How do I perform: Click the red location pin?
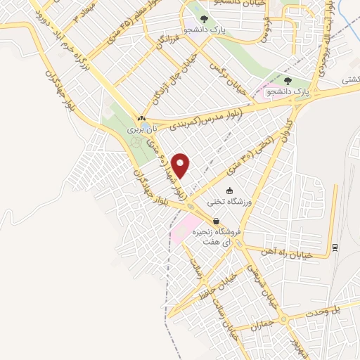click(x=182, y=165)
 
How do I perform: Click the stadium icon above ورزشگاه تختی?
click(x=229, y=191)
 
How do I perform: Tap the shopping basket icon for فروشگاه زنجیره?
click(x=205, y=221)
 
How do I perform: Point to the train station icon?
click(x=335, y=247)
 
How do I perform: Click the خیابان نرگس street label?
click(x=227, y=75)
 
